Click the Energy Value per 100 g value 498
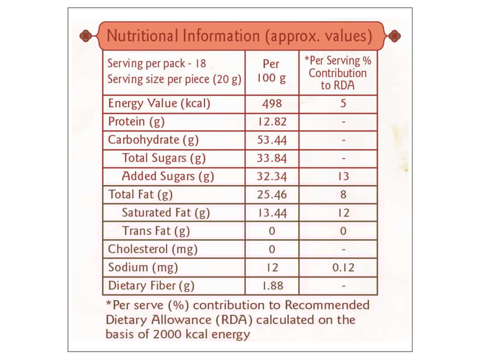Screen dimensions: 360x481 272,103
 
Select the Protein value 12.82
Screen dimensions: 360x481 272,122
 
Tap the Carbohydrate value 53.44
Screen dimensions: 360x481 272,141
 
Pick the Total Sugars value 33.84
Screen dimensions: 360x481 272,159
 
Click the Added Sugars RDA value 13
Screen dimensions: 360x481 343,177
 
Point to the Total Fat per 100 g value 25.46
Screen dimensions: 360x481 272,195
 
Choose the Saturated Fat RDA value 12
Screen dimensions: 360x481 343,213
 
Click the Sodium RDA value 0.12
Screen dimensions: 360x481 343,267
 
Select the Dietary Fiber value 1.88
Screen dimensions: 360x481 272,285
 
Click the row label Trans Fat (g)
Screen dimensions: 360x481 156,231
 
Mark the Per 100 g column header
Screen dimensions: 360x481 272,72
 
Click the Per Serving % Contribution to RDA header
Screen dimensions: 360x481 338,73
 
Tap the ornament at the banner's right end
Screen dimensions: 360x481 393,35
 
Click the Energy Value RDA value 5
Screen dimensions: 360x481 343,103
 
